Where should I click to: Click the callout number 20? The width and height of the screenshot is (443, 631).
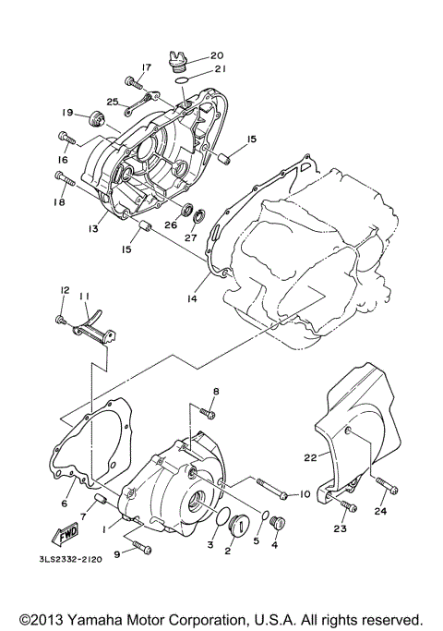point(204,55)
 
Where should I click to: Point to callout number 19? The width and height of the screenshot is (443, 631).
point(67,113)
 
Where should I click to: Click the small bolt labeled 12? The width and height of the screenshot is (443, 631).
point(61,320)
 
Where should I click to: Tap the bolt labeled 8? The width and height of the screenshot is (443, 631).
point(209,414)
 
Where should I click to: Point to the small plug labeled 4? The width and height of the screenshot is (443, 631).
point(274,529)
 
